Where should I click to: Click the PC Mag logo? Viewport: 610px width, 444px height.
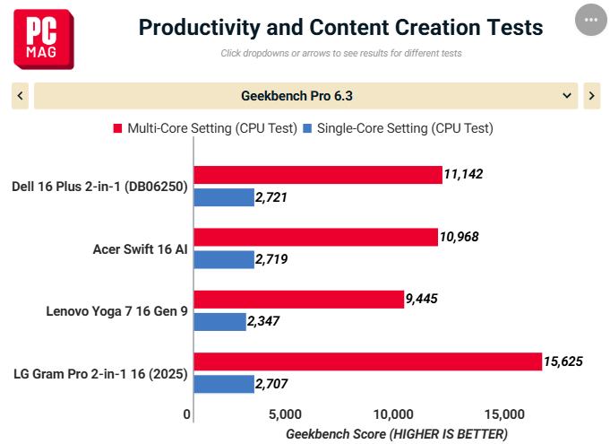[44, 39]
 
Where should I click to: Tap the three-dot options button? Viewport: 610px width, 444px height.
[591, 20]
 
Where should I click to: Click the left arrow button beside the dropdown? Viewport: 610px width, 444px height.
[21, 96]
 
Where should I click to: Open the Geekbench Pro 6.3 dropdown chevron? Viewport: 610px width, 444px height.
[567, 96]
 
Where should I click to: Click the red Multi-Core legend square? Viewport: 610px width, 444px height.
[117, 128]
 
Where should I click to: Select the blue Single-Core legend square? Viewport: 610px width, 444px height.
[307, 128]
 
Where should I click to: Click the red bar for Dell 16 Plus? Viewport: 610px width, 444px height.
[318, 175]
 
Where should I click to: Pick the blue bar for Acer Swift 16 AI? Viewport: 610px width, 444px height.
[224, 260]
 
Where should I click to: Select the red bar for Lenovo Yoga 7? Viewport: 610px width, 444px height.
[299, 300]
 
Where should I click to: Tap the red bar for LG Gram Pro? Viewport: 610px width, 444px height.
[368, 361]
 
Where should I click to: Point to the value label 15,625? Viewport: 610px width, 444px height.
[563, 361]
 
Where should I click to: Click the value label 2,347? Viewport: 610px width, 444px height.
[263, 321]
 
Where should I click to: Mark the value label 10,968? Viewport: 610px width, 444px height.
[459, 237]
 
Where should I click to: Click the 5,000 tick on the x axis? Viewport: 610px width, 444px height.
[285, 414]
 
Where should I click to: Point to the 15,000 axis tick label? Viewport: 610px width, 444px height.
[504, 414]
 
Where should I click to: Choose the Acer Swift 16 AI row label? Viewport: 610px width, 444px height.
[140, 249]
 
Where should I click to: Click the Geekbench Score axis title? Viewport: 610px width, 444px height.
[397, 434]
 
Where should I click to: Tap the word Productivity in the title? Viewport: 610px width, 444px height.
[199, 28]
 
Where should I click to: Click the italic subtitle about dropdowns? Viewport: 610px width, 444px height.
[341, 53]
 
